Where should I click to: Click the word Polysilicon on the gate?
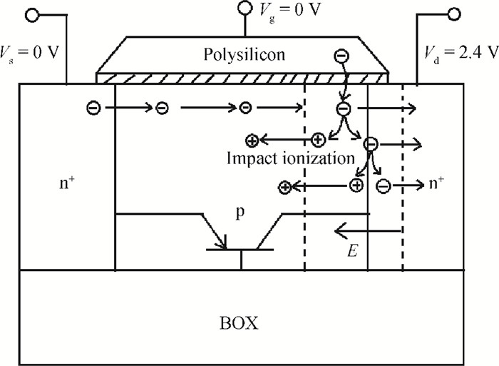click(244, 54)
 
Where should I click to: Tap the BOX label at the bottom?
click(239, 323)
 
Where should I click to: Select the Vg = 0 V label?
click(289, 11)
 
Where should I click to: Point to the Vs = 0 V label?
click(30, 54)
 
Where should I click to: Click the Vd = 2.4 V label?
click(461, 54)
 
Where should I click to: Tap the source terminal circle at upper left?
click(32, 15)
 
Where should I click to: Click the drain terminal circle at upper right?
click(454, 15)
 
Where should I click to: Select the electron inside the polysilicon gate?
click(341, 56)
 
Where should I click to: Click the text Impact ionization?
click(291, 158)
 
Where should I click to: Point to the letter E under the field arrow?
click(353, 250)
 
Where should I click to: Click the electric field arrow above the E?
click(368, 230)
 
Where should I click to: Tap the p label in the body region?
click(240, 213)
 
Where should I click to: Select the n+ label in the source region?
click(67, 183)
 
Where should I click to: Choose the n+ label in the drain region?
click(436, 183)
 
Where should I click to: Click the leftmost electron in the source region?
click(93, 108)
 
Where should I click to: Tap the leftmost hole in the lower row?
click(285, 188)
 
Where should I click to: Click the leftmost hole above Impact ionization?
click(252, 141)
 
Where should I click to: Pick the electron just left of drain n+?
click(384, 186)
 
